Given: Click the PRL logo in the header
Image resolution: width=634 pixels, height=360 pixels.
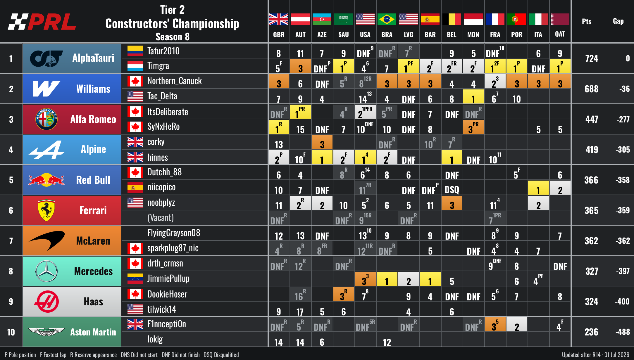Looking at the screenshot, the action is point(42,22).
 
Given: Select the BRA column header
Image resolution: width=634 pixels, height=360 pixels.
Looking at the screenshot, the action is point(387,34).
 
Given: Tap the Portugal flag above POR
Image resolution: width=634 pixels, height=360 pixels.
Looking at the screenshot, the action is point(516,19).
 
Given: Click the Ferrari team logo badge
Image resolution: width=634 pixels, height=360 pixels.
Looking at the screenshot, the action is point(46,210).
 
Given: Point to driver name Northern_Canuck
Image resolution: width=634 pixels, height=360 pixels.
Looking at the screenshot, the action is point(174,81).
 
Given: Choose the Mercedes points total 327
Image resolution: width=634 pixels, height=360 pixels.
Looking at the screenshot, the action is point(592,271).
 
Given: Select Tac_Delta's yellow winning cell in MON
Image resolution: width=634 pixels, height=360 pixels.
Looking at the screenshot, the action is point(473,97).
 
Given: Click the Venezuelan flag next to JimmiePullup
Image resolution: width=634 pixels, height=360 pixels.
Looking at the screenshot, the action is point(135,278).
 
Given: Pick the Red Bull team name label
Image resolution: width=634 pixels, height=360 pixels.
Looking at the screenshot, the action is point(93,180).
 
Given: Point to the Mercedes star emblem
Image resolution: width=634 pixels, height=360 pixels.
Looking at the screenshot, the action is point(46,271).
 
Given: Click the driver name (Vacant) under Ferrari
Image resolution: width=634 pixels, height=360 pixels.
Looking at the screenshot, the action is point(161,218).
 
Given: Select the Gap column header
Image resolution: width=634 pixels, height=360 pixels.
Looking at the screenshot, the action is point(618,21).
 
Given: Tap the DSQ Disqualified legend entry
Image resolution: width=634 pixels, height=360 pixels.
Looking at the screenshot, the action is point(221,355).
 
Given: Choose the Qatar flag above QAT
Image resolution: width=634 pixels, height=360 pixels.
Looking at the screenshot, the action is point(560,19).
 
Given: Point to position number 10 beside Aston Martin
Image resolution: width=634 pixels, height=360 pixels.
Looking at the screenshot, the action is point(11,332).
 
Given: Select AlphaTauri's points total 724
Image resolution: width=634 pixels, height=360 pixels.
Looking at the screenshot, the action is point(592,58).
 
